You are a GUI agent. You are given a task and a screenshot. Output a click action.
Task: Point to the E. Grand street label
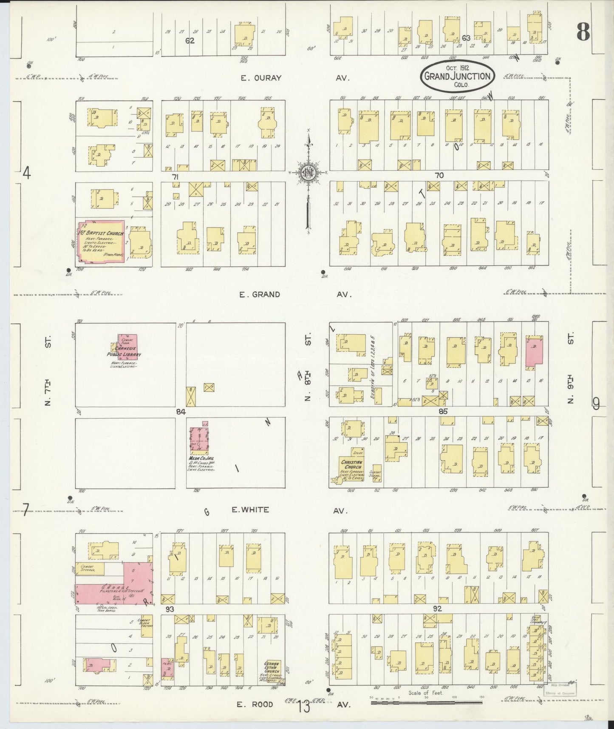(260, 294)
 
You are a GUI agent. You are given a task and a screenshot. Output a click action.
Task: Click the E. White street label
(250, 510)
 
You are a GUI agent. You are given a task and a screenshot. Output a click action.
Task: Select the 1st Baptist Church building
(101, 241)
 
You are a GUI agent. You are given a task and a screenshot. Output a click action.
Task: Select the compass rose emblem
(309, 172)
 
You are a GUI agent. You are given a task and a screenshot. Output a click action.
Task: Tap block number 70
(439, 175)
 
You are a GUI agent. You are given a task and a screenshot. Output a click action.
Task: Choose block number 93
(170, 609)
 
